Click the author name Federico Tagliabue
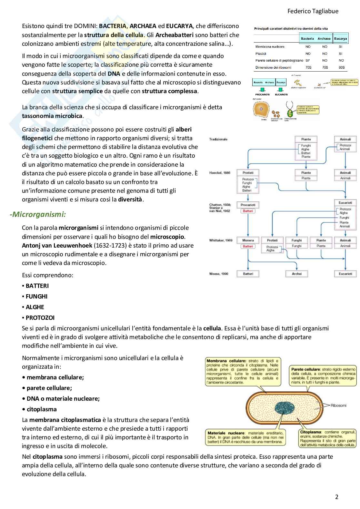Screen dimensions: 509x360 (313, 11)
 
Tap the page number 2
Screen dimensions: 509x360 (337, 497)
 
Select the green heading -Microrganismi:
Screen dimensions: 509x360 (38, 214)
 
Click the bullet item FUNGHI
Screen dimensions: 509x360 (36, 296)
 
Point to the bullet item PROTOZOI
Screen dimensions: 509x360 (40, 318)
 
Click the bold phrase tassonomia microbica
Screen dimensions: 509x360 (52, 116)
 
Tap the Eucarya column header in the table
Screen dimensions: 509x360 (340, 38)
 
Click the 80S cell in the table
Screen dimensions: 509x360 (341, 67)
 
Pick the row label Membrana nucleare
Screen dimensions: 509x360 (270, 47)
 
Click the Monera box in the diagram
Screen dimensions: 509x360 (248, 240)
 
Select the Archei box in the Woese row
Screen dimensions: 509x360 (296, 274)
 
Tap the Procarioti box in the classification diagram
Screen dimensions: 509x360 (248, 205)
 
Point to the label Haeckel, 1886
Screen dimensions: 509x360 (220, 173)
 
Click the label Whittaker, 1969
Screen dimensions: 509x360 (221, 240)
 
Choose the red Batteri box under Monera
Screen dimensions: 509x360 (248, 246)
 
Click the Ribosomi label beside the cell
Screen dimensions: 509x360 (338, 405)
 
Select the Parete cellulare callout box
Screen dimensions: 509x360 (323, 376)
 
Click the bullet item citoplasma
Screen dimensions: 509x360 (41, 409)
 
